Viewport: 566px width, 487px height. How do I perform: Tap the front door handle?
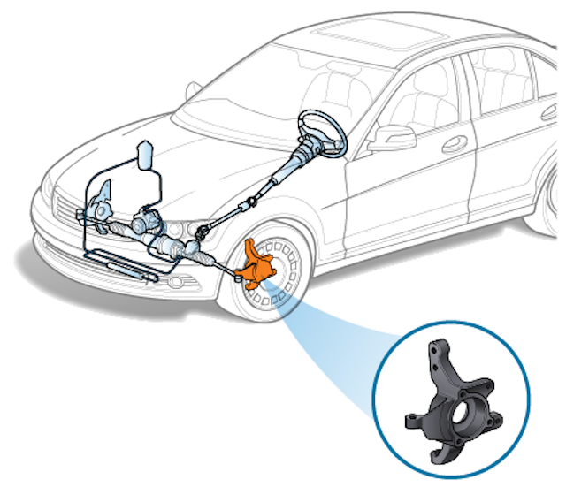(457, 144)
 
